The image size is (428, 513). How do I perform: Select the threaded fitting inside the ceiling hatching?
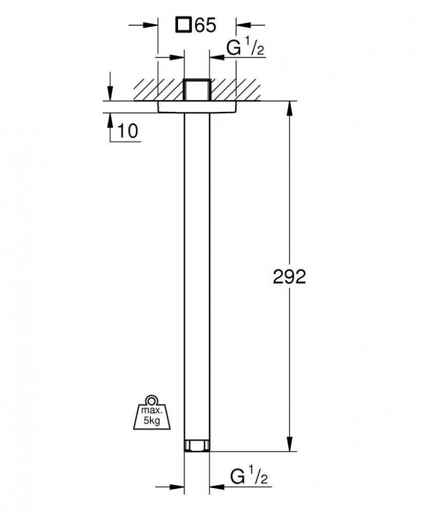tap(197, 89)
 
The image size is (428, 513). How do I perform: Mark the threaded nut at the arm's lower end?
tap(197, 445)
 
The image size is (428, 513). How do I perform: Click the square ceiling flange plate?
tap(197, 107)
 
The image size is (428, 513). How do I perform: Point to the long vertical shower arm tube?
tap(197, 267)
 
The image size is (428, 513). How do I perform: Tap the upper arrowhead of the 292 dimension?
tap(290, 107)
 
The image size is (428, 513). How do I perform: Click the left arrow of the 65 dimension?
tap(150, 25)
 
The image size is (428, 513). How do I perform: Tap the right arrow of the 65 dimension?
tap(244, 25)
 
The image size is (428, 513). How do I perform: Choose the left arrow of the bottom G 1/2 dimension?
tap(177, 487)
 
